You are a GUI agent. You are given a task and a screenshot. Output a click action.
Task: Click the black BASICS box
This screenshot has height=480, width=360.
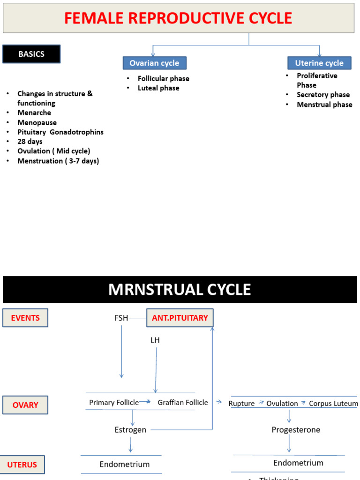pyautogui.click(x=31, y=54)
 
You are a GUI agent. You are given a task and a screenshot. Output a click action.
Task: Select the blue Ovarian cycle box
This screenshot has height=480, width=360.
pyautogui.click(x=154, y=63)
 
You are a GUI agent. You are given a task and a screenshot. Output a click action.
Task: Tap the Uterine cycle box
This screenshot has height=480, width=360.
pyautogui.click(x=319, y=63)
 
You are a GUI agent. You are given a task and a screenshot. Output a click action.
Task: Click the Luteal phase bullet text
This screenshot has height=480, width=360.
pyautogui.click(x=158, y=88)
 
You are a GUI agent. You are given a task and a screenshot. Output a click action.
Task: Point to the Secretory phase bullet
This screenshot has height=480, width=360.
pyautogui.click(x=323, y=95)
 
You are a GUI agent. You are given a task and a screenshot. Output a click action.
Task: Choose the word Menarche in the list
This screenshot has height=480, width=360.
pyautogui.click(x=34, y=112)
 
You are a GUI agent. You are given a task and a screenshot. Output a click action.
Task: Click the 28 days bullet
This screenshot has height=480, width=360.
pyautogui.click(x=30, y=142)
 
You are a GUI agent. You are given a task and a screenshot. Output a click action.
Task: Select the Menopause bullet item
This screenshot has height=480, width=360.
pyautogui.click(x=37, y=122)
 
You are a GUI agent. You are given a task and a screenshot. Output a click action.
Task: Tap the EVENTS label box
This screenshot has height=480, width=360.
pyautogui.click(x=25, y=318)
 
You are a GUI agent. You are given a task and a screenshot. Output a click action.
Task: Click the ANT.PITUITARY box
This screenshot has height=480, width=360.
pyautogui.click(x=180, y=318)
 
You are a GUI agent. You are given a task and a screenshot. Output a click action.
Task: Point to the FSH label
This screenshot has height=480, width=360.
pyautogui.click(x=121, y=318)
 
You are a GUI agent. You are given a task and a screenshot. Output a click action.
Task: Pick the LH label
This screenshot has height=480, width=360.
pyautogui.click(x=155, y=340)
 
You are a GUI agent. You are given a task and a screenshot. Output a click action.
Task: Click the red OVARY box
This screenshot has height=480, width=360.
pyautogui.click(x=25, y=405)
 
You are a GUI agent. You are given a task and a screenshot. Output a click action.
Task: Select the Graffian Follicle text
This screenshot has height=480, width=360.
pyautogui.click(x=183, y=403)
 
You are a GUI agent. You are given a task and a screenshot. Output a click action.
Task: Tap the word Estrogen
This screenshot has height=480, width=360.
pyautogui.click(x=130, y=430)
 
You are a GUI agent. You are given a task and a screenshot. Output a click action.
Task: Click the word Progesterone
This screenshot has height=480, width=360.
pyautogui.click(x=296, y=430)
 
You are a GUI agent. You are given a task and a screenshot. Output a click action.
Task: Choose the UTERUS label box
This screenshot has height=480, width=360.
pyautogui.click(x=22, y=465)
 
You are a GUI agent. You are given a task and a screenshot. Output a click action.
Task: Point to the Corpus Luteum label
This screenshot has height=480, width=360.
pyautogui.click(x=333, y=404)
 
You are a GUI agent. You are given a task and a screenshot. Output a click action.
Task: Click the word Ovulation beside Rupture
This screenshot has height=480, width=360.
pyautogui.click(x=282, y=404)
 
